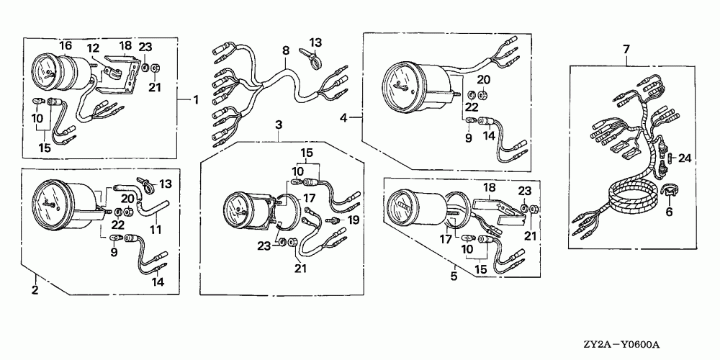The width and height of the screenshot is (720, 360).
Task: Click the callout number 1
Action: (195, 99)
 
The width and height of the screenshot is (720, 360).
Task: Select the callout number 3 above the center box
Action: (278, 125)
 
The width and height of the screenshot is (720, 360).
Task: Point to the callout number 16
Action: (66, 45)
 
